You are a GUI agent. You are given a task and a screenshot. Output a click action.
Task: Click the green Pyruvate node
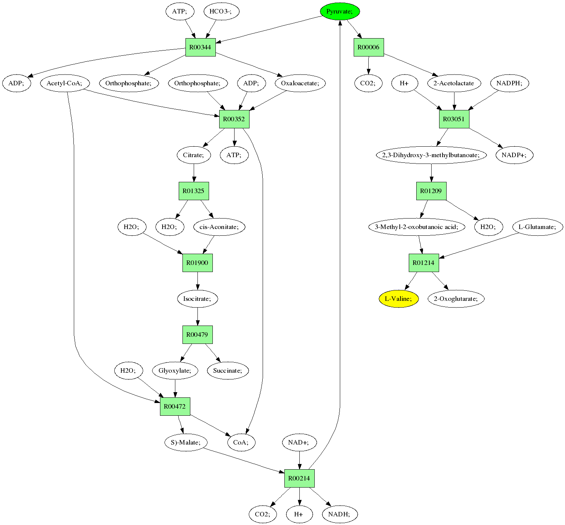(340, 12)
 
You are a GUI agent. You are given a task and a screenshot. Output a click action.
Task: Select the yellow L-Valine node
(398, 299)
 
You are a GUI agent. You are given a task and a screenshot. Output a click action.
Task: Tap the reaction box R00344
(200, 48)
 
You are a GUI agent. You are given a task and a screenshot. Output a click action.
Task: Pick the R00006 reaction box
(369, 48)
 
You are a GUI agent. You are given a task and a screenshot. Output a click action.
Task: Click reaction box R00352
(234, 119)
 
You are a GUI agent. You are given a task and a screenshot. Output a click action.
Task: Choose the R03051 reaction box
(454, 119)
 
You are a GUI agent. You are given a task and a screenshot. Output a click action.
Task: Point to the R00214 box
(299, 478)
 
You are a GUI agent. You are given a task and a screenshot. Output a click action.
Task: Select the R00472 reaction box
(175, 406)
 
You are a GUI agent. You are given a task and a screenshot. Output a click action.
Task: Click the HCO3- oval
(221, 12)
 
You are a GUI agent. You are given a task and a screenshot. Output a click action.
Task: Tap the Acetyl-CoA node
(64, 83)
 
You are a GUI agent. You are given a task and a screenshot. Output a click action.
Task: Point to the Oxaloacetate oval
(300, 83)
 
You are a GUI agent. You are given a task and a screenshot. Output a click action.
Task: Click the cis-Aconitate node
(219, 227)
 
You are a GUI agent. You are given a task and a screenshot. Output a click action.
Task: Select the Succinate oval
(227, 370)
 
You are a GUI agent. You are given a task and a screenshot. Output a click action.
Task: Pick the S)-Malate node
(186, 442)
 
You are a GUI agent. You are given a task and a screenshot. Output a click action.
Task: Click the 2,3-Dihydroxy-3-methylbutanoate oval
(431, 155)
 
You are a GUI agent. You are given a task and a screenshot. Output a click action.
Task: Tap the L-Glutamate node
(538, 227)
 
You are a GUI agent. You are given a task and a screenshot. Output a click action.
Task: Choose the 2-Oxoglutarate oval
(456, 299)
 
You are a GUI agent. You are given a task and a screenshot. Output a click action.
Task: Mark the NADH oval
(339, 514)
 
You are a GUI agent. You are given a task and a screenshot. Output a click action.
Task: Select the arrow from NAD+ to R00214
(299, 460)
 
